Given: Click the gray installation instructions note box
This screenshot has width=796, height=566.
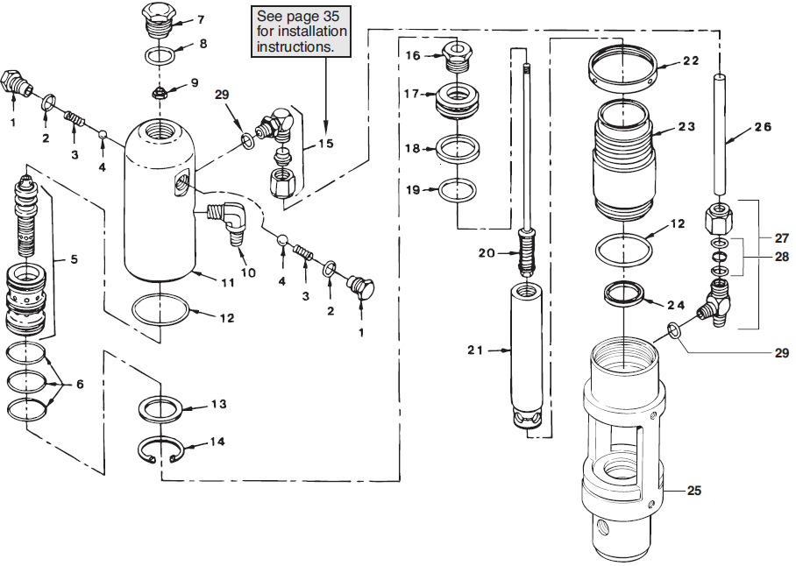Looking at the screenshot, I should [301, 32].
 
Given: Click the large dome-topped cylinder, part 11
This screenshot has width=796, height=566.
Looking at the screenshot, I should [158, 202].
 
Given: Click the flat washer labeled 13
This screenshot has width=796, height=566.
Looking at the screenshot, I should [161, 408].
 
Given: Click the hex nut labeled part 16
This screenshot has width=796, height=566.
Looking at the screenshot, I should [457, 56].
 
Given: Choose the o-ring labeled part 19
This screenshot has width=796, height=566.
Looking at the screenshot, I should [457, 188].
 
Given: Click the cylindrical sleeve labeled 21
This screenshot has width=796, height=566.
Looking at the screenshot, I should [529, 350].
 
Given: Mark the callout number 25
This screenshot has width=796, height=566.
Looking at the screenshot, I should [694, 491].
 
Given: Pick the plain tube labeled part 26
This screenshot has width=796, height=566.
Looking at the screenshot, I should [721, 136].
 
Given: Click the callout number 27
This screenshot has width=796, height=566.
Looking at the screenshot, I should [781, 237].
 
